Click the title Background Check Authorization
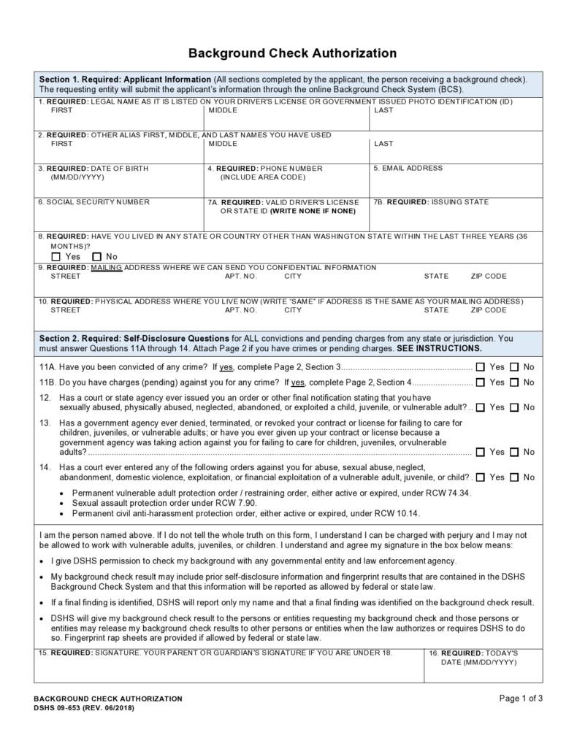292,53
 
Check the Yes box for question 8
56,257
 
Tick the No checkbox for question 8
96,257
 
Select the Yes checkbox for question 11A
480,367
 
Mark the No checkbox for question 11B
514,382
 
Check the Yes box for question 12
480,407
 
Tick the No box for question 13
514,452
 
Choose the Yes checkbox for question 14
480,477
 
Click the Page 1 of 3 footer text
521,698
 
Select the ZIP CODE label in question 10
489,310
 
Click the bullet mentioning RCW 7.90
164,504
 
